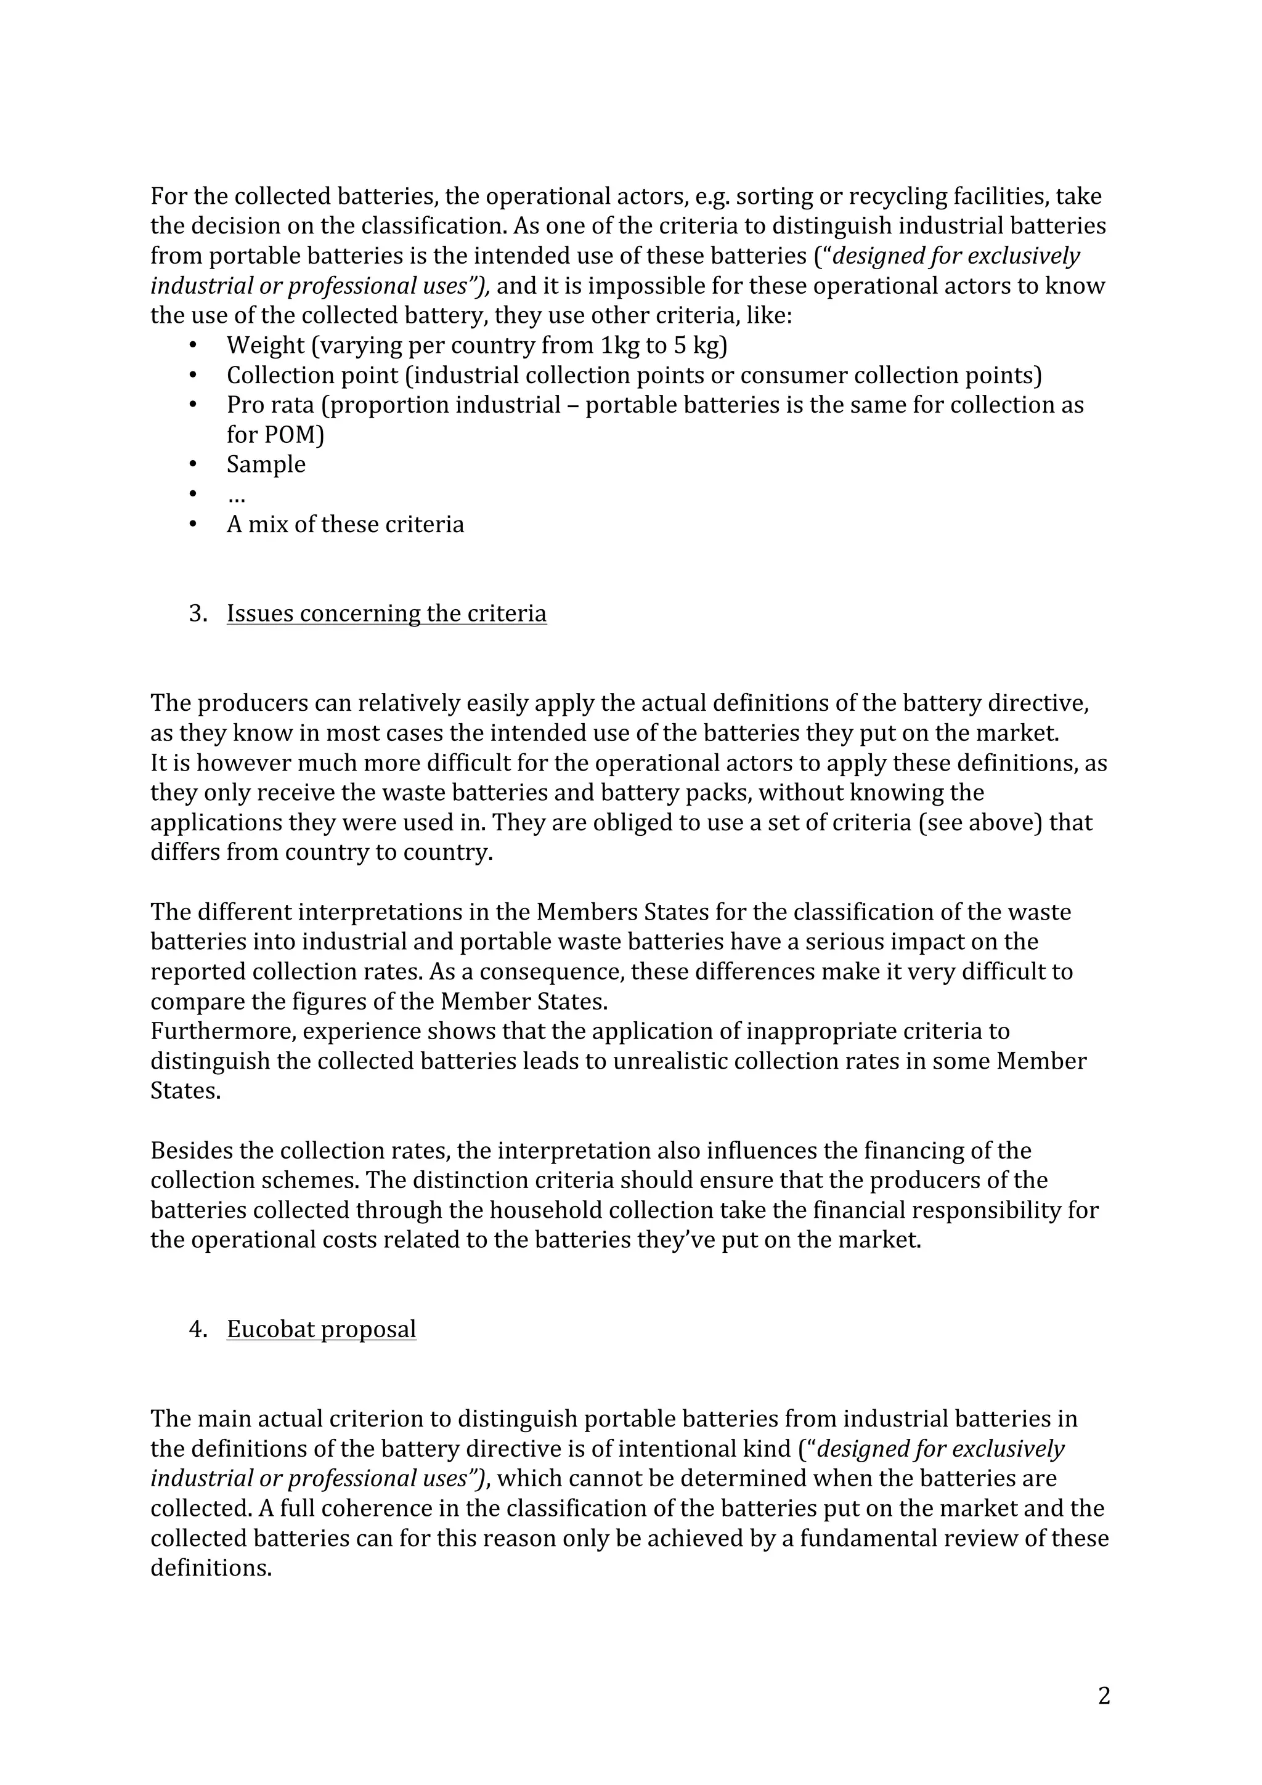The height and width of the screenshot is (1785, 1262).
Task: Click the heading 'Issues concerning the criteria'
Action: [x=386, y=613]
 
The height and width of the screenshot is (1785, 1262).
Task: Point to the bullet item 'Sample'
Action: [x=266, y=464]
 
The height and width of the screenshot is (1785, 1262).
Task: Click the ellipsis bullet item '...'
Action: [x=235, y=496]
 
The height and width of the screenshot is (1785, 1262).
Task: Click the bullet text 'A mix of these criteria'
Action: [x=345, y=524]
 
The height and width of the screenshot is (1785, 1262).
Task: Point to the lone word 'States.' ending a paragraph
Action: [x=185, y=1091]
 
